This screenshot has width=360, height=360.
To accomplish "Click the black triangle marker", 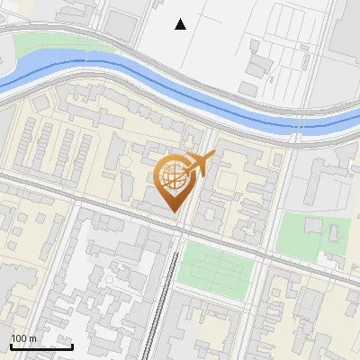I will [x=181, y=24].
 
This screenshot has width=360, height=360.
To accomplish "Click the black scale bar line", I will [x=40, y=346].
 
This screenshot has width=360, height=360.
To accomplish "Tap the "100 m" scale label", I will [x=24, y=338].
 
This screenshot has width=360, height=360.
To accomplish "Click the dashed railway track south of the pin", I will [x=166, y=297].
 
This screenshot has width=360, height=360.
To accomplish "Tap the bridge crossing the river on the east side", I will [x=295, y=126].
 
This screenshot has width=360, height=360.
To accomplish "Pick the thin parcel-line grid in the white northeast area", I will [x=288, y=45].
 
